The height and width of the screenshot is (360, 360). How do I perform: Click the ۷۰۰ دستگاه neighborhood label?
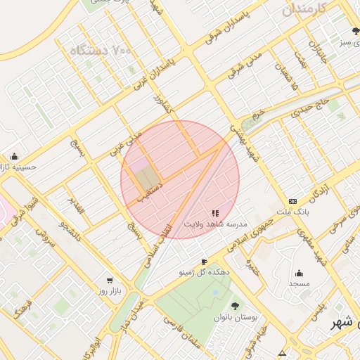tap(101, 51)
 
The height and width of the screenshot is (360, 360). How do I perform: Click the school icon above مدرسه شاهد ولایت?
tap(215, 212)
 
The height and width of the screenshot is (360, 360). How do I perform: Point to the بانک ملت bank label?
tap(292, 211)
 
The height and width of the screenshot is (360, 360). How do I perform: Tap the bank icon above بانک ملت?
tap(292, 200)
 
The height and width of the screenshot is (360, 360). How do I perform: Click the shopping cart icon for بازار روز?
tap(109, 280)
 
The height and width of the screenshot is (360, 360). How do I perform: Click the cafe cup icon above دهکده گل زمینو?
tap(204, 262)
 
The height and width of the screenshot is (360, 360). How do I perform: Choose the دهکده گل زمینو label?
tap(203, 271)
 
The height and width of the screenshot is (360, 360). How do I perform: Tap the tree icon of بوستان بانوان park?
tap(235, 306)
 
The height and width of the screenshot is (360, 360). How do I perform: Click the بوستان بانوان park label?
tap(235, 317)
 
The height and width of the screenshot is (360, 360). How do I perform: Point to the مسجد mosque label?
tap(299, 283)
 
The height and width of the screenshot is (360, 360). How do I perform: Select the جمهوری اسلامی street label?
tap(250, 233)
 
